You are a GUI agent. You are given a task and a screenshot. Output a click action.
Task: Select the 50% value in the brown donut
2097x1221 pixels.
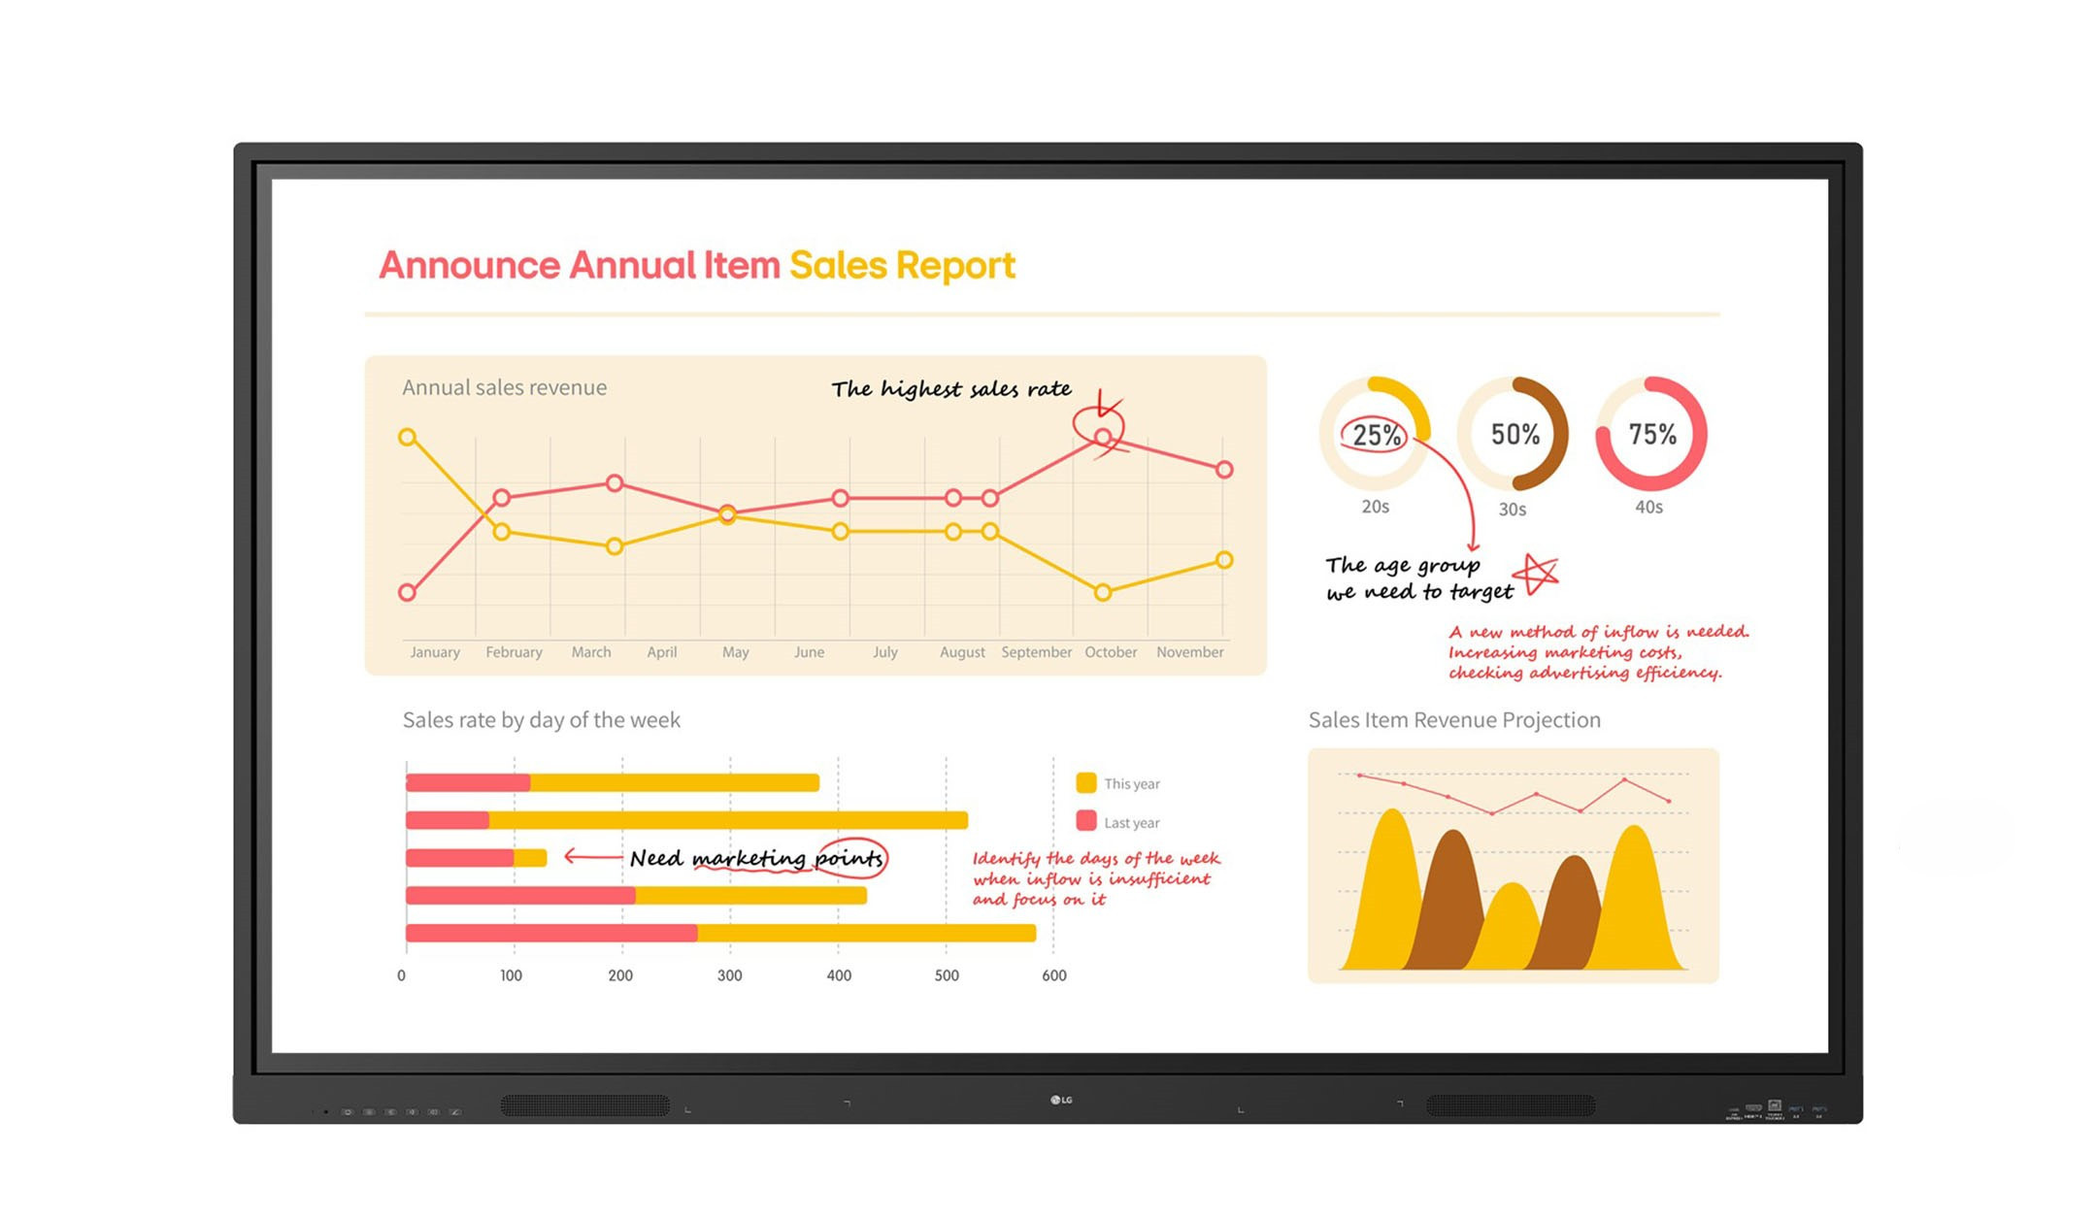tap(1514, 434)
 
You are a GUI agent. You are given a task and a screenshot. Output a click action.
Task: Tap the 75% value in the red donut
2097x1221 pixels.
tap(1652, 434)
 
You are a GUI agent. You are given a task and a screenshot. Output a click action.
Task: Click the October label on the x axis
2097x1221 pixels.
tap(1111, 652)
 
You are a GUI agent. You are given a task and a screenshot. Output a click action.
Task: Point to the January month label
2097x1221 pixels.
tap(435, 652)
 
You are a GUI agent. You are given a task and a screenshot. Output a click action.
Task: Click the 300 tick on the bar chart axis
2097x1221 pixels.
tap(729, 975)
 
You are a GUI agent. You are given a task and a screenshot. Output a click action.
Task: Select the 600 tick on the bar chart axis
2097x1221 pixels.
tap(1054, 975)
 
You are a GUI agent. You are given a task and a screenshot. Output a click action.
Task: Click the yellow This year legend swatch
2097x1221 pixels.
tap(1086, 783)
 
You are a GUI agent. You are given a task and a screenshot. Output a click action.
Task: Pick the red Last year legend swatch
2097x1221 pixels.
tap(1086, 821)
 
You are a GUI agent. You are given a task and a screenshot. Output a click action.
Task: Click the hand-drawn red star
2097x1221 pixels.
tap(1539, 575)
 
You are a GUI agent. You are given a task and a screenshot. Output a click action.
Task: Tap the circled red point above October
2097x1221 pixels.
tap(1103, 438)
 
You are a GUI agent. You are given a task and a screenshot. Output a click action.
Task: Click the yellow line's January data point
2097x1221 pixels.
tap(408, 437)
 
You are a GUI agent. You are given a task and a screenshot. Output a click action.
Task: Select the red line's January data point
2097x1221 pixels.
tap(408, 592)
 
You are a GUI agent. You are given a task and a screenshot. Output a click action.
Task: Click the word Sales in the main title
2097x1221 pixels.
tap(838, 265)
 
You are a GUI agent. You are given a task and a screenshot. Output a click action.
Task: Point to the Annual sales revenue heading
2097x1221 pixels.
tap(504, 387)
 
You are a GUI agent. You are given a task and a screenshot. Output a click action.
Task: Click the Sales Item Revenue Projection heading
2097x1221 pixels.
tap(1454, 720)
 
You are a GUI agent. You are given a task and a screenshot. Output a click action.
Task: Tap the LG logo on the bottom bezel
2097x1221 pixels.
tap(1061, 1100)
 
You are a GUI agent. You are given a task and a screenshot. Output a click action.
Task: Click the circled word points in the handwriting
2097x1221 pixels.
tap(849, 858)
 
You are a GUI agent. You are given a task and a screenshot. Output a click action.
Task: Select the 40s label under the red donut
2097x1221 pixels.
tap(1648, 508)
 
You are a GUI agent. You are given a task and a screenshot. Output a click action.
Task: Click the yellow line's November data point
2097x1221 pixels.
tap(1224, 560)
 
